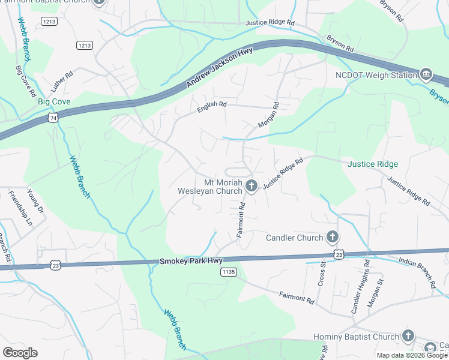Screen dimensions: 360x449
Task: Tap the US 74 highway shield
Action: [x=53, y=118]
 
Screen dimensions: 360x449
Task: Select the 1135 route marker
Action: [x=229, y=272]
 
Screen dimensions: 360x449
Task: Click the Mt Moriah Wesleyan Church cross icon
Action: [x=251, y=186]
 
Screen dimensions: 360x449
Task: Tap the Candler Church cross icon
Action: [x=332, y=238]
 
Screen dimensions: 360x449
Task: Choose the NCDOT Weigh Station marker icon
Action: [x=426, y=75]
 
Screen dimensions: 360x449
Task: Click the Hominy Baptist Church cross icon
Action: [x=408, y=337]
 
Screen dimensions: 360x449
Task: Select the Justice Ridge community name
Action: [x=372, y=164]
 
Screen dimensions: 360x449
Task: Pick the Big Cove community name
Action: [x=54, y=102]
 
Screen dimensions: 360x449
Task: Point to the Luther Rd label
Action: [x=61, y=82]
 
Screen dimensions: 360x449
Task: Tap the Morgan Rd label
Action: [x=268, y=115]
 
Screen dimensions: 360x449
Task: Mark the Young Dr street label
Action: [x=36, y=201]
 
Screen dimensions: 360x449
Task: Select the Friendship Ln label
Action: [x=20, y=208]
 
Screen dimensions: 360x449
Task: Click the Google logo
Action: [x=20, y=353]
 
